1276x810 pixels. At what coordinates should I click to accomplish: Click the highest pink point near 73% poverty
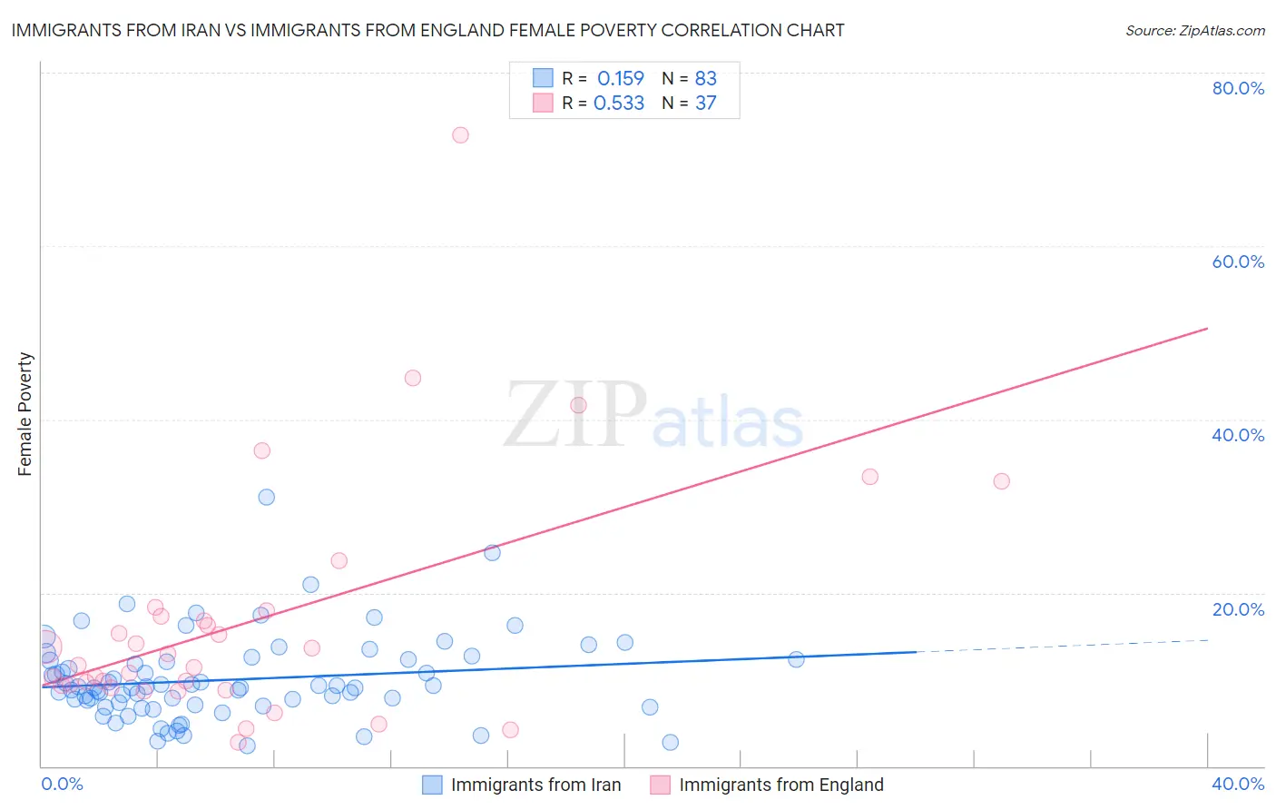click(x=460, y=135)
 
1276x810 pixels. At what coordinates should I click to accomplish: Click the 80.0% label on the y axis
click(x=1238, y=88)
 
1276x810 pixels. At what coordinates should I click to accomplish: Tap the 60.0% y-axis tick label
click(x=1238, y=262)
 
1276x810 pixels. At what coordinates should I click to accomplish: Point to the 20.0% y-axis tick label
click(x=1238, y=609)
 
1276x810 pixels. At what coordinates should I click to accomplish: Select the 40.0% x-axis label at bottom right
click(x=1238, y=784)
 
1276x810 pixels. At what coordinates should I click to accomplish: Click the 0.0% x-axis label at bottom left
click(x=62, y=784)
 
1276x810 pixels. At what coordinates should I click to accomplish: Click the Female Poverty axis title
click(x=25, y=414)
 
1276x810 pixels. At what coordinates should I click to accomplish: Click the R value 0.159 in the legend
click(x=620, y=79)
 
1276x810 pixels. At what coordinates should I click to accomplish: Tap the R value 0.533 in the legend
click(x=619, y=104)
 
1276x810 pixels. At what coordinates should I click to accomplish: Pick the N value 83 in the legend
click(x=705, y=79)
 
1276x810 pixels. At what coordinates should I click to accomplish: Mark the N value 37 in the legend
click(x=705, y=104)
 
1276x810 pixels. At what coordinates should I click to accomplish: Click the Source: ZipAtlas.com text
click(x=1194, y=31)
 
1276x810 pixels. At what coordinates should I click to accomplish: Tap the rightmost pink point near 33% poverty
click(x=1001, y=481)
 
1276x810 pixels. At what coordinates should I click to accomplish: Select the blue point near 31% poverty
click(x=266, y=497)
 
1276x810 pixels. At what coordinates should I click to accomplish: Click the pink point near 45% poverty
click(x=413, y=378)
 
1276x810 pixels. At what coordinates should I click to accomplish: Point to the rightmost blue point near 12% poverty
click(x=796, y=659)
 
